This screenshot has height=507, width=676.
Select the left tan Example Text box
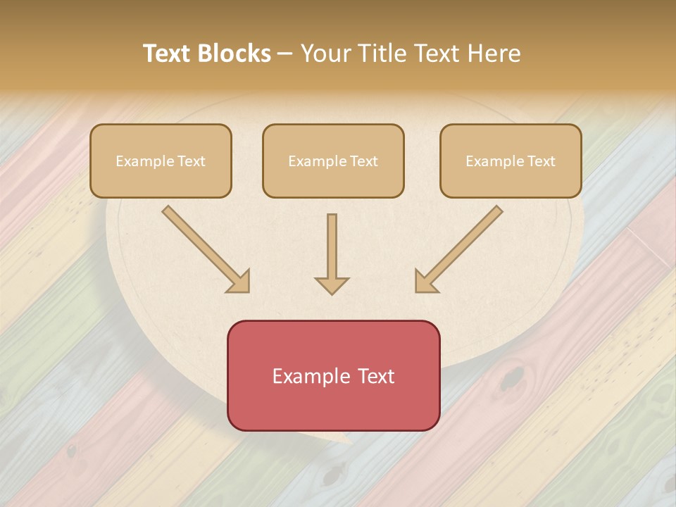tap(161, 161)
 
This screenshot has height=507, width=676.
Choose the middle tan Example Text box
tap(333, 161)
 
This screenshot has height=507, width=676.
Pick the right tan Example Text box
tap(511, 161)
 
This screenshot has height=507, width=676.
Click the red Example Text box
tap(333, 375)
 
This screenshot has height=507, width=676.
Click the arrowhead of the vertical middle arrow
tap(332, 285)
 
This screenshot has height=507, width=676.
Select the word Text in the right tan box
tap(541, 161)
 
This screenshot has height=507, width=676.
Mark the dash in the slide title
tap(285, 54)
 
